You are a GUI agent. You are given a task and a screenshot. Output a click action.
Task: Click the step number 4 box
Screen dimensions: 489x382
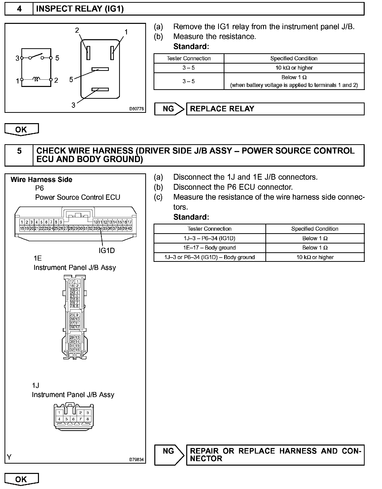pyautogui.click(x=19, y=9)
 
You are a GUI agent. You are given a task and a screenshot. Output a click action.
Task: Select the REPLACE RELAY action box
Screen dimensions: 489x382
pyautogui.click(x=275, y=109)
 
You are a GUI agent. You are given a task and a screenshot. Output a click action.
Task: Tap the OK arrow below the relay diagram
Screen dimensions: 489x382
pyautogui.click(x=21, y=129)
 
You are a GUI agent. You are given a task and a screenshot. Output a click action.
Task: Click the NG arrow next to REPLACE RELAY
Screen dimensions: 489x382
pyautogui.click(x=169, y=109)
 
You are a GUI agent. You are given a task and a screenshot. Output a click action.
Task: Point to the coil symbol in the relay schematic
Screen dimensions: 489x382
pyautogui.click(x=36, y=79)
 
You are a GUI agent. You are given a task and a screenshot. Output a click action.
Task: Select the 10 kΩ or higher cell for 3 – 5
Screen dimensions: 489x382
pyautogui.click(x=294, y=68)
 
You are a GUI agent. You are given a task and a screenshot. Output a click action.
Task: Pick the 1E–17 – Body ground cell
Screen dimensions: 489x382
pyautogui.click(x=209, y=248)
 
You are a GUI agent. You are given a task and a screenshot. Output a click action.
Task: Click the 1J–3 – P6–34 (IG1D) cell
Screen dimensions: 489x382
pyautogui.click(x=209, y=238)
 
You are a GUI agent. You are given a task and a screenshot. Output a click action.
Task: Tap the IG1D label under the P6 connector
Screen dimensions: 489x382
pyautogui.click(x=107, y=251)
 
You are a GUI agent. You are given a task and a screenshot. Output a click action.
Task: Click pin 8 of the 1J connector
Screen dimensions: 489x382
pyautogui.click(x=87, y=419)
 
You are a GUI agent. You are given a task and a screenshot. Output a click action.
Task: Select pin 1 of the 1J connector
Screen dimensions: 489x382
pyautogui.click(x=59, y=413)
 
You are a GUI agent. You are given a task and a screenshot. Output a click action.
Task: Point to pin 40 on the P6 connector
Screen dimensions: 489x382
pyautogui.click(x=130, y=228)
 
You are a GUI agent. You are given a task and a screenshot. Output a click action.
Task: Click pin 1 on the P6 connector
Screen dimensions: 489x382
pyautogui.click(x=22, y=222)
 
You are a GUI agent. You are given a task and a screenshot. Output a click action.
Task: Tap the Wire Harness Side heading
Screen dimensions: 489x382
pyautogui.click(x=41, y=180)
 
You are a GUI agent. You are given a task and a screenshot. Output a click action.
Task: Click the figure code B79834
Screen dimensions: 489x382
pyautogui.click(x=136, y=460)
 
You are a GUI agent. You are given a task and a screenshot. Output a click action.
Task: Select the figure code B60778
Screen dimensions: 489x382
pyautogui.click(x=136, y=109)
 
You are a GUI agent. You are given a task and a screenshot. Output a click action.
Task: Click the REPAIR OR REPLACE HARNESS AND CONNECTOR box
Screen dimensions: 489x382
pyautogui.click(x=275, y=455)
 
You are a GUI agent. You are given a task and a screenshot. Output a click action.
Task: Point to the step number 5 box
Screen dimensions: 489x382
pyautogui.click(x=19, y=155)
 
